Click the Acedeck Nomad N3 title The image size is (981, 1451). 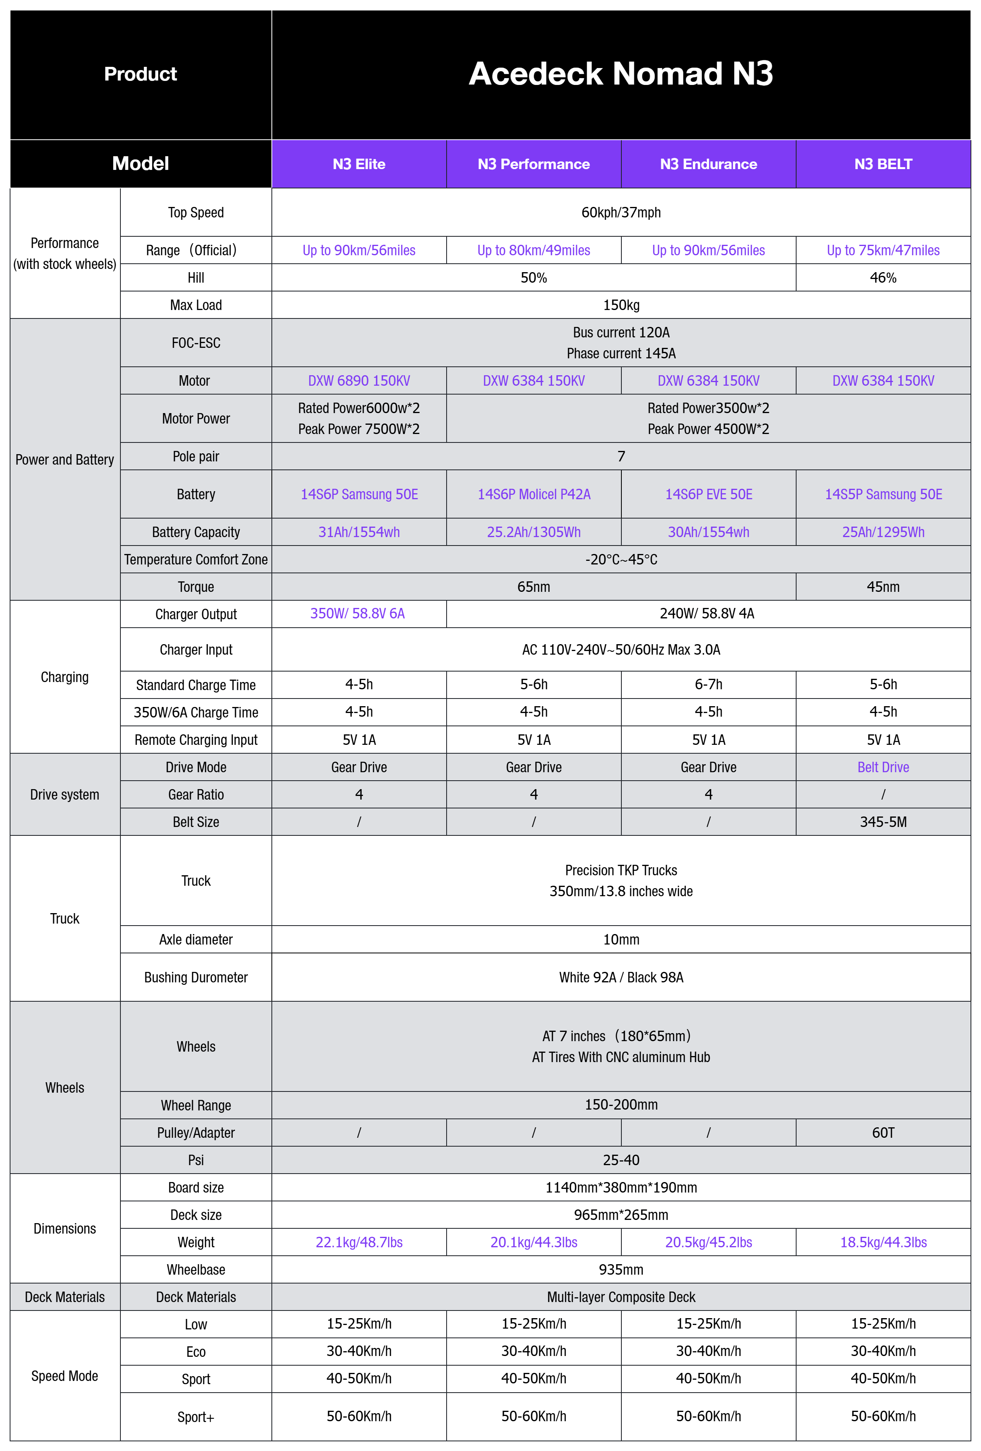pos(620,74)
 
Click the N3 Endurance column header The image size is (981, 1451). pos(708,164)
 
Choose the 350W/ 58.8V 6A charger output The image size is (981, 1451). pos(357,614)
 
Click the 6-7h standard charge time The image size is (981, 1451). pos(708,684)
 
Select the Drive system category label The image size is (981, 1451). pos(64,795)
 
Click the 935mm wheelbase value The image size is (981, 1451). pos(620,1269)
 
